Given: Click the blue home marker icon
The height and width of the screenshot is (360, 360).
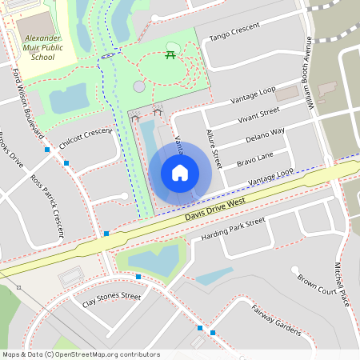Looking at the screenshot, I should [180, 172].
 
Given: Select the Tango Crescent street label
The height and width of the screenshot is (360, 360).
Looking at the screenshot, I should [235, 32].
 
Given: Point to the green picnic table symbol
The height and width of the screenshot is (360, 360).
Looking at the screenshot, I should [170, 54].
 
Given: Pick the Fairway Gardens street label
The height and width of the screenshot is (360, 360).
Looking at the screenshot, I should [274, 320].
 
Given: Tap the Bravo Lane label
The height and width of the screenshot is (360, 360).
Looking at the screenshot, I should [254, 158].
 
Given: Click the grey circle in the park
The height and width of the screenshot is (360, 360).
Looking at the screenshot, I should [139, 86].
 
